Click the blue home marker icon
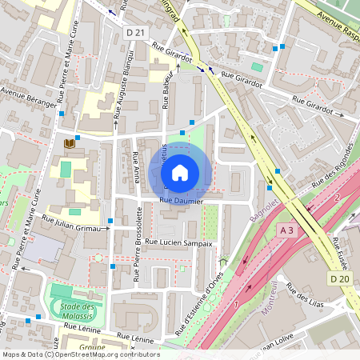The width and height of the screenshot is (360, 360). tap(180, 172)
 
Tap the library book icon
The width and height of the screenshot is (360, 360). tap(69, 143)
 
